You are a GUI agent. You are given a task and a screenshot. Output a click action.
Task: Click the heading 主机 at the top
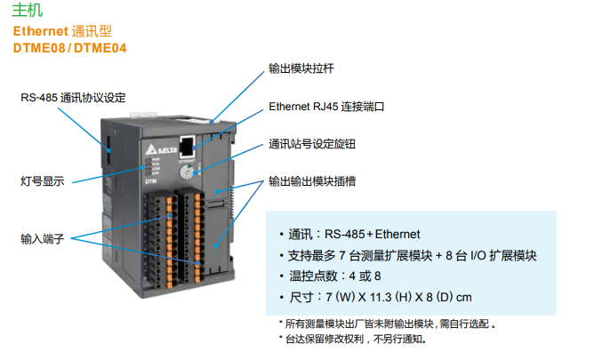tap(27, 12)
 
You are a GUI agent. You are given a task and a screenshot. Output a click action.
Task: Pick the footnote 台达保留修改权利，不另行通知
tap(356, 339)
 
